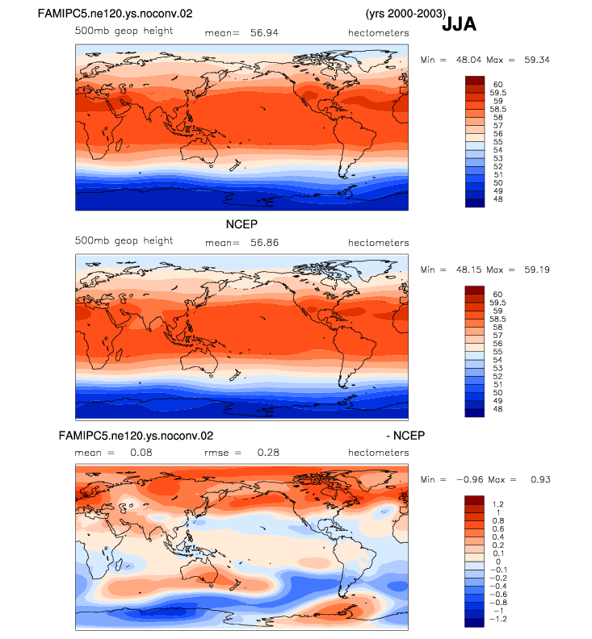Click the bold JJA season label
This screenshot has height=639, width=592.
click(x=459, y=24)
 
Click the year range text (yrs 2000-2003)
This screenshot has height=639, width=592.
click(x=405, y=14)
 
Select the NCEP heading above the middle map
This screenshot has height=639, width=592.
click(x=241, y=224)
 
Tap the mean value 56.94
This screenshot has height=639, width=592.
click(x=264, y=32)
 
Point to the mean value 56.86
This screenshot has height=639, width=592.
click(x=264, y=243)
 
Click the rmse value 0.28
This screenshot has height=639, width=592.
click(x=268, y=453)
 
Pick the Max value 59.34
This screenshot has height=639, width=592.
click(x=537, y=60)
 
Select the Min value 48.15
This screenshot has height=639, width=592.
click(x=468, y=269)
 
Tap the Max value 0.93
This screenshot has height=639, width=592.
click(x=540, y=480)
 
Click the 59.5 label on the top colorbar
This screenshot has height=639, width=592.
click(x=498, y=93)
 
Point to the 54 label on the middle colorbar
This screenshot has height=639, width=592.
click(x=498, y=360)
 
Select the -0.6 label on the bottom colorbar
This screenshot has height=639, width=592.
click(x=497, y=594)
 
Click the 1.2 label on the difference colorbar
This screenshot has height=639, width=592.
click(x=498, y=504)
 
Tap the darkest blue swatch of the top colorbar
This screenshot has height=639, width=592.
click(x=475, y=203)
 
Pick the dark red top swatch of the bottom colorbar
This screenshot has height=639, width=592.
click(x=474, y=500)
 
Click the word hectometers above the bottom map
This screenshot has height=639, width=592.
click(x=378, y=453)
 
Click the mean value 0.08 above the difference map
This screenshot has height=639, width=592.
click(x=141, y=453)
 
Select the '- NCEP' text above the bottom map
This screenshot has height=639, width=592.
click(x=405, y=436)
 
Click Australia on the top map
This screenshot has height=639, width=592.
click(x=199, y=150)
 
